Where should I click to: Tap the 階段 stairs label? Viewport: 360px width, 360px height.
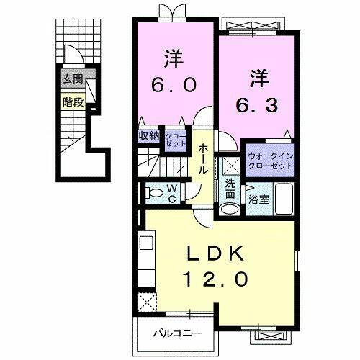pyautogui.click(x=72, y=102)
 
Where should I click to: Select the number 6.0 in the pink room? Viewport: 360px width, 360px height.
pyautogui.click(x=173, y=85)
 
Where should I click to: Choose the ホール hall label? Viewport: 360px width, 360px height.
pyautogui.click(x=204, y=158)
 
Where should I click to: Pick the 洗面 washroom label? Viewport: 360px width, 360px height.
pyautogui.click(x=230, y=189)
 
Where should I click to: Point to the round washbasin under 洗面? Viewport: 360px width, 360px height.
pyautogui.click(x=230, y=208)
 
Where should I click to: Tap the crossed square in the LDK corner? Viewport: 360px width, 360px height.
pyautogui.click(x=147, y=300)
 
